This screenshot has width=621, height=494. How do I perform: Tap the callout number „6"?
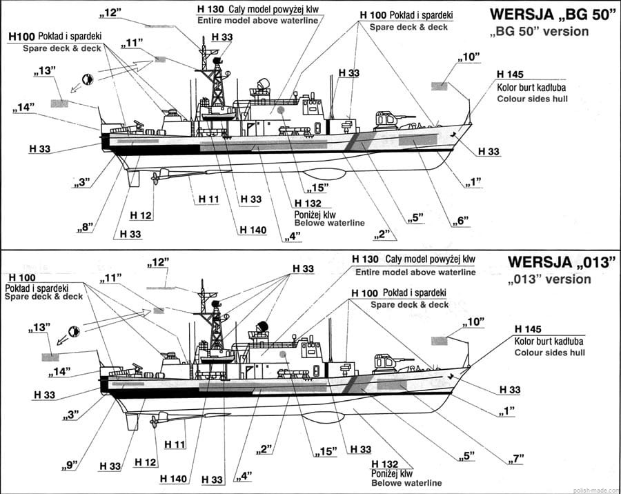pos(462,221)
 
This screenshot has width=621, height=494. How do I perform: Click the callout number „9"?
pos(67,464)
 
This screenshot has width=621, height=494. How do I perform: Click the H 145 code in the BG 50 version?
pos(510,75)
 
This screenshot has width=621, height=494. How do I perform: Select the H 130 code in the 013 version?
pos(366,259)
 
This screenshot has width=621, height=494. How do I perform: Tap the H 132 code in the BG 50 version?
pos(307,203)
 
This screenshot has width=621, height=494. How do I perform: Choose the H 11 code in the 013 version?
pos(176,445)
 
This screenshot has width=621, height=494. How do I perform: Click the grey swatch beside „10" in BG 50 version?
pos(440,86)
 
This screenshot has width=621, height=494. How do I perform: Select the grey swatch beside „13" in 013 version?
pos(50,357)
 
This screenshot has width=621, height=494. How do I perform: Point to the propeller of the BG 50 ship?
pos(155,178)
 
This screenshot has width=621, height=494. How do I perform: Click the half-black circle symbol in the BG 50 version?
pos(88,79)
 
